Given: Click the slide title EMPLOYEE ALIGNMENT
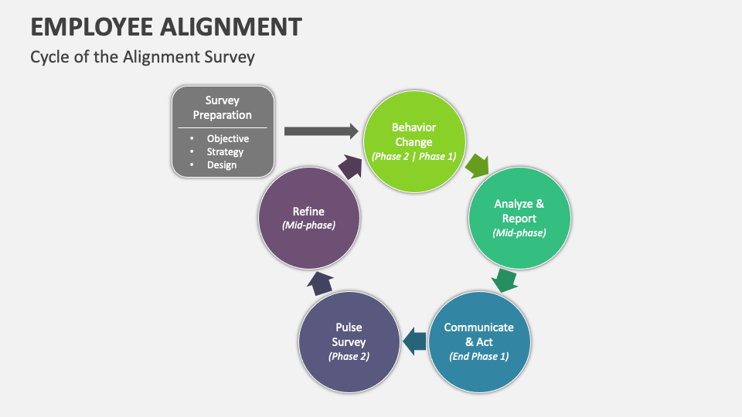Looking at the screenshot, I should [166, 26].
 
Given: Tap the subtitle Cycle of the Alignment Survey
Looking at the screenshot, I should [142, 57].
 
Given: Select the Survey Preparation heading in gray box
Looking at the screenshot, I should [223, 107].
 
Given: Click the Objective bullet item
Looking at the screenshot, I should [227, 139].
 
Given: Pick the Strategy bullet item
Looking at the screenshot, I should [225, 152].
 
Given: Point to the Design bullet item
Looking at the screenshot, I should [222, 165].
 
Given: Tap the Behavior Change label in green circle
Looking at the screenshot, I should [414, 134].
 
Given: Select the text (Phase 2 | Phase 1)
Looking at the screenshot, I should [414, 156].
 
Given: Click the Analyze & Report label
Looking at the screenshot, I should [519, 211].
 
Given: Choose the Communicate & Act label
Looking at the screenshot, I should [479, 334].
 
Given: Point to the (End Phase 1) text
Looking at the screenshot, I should [479, 356].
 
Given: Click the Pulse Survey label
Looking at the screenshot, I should [349, 334].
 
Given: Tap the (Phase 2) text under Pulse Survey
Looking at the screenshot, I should [349, 356].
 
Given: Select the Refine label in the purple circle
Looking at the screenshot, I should [308, 211].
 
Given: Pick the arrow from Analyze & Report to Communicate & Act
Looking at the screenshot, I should [505, 280].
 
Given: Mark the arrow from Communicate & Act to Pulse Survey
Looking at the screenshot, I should [415, 341].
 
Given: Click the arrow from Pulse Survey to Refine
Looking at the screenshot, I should [321, 283].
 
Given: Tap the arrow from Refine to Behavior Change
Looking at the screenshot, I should [349, 165].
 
